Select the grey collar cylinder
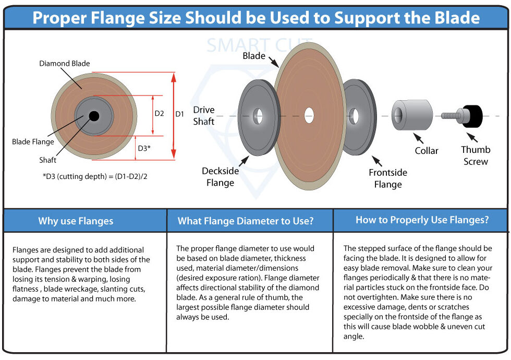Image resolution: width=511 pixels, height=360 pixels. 412,115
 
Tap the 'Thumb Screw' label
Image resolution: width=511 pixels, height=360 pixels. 476,155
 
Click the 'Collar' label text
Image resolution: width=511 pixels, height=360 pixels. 427,151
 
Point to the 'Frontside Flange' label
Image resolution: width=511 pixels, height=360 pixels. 388,178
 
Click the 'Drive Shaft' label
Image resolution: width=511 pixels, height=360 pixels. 204,116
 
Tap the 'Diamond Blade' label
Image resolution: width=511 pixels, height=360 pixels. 65,64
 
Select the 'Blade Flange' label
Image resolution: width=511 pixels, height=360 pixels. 33,142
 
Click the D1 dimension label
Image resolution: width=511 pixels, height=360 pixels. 180,114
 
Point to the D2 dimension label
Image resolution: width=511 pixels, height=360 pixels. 160,114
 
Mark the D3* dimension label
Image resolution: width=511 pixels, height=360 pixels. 144,148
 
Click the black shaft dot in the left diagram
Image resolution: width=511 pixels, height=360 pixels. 94,116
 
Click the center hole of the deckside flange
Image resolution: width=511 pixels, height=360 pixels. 258,115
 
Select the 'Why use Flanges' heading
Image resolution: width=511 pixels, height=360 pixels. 76,221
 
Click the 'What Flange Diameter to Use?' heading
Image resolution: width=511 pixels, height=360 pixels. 246,221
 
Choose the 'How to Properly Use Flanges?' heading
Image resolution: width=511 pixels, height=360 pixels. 422,220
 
